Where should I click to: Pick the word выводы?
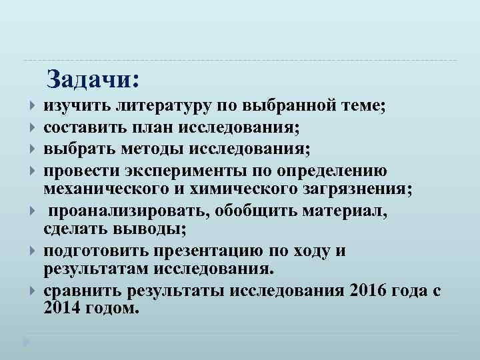[151, 229]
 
